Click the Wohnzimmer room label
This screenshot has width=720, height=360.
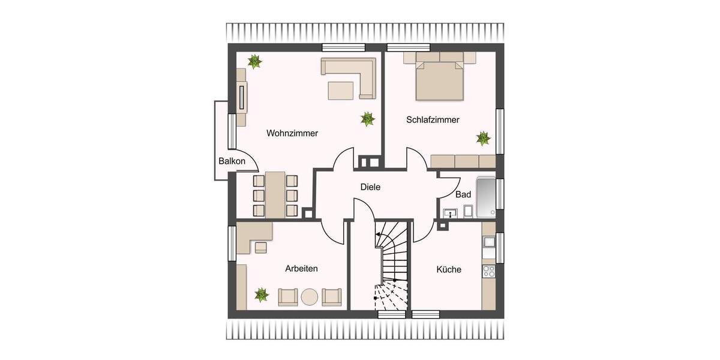click(292, 133)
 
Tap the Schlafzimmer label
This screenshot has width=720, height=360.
click(433, 120)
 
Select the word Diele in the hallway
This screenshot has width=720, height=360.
click(370, 187)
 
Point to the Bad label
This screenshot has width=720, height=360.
click(463, 195)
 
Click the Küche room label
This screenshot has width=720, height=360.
click(449, 269)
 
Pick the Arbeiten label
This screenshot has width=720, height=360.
click(301, 269)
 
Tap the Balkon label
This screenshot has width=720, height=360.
click(232, 161)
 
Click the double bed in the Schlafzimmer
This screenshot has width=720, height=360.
click(440, 80)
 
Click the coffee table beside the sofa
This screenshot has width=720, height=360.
click(341, 90)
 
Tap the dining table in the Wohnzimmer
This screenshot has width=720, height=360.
click(275, 194)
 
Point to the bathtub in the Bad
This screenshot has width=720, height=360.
click(487, 197)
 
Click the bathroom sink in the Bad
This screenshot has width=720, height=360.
click(451, 212)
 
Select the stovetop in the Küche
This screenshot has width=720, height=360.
click(488, 271)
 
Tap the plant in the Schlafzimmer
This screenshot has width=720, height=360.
click(483, 139)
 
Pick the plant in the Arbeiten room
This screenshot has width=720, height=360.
click(262, 294)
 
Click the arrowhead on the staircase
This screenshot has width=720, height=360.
click(378, 235)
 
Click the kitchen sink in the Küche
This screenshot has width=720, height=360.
click(488, 242)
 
